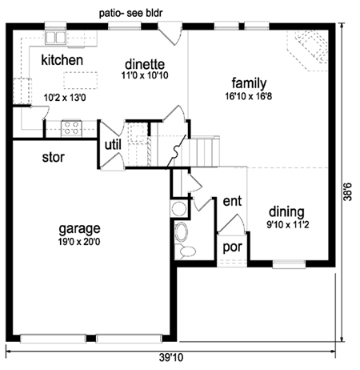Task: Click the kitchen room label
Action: point(62,60)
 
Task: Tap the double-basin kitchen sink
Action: point(55,38)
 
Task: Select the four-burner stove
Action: point(71,128)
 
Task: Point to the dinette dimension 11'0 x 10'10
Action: point(145,75)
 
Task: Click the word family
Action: point(249,83)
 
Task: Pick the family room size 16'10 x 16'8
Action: point(249,96)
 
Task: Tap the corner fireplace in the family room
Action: point(310,50)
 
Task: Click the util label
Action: point(113,145)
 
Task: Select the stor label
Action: point(54,157)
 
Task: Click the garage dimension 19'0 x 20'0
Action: point(79,242)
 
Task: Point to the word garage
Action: point(79,229)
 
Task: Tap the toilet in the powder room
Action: point(186,251)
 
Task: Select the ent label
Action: point(232,201)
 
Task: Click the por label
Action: point(233,247)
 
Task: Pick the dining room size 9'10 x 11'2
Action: point(288,225)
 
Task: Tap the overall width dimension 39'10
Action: point(171,357)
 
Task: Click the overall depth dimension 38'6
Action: point(347,191)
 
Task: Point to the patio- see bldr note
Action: point(130,13)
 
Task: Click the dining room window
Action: point(289,264)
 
